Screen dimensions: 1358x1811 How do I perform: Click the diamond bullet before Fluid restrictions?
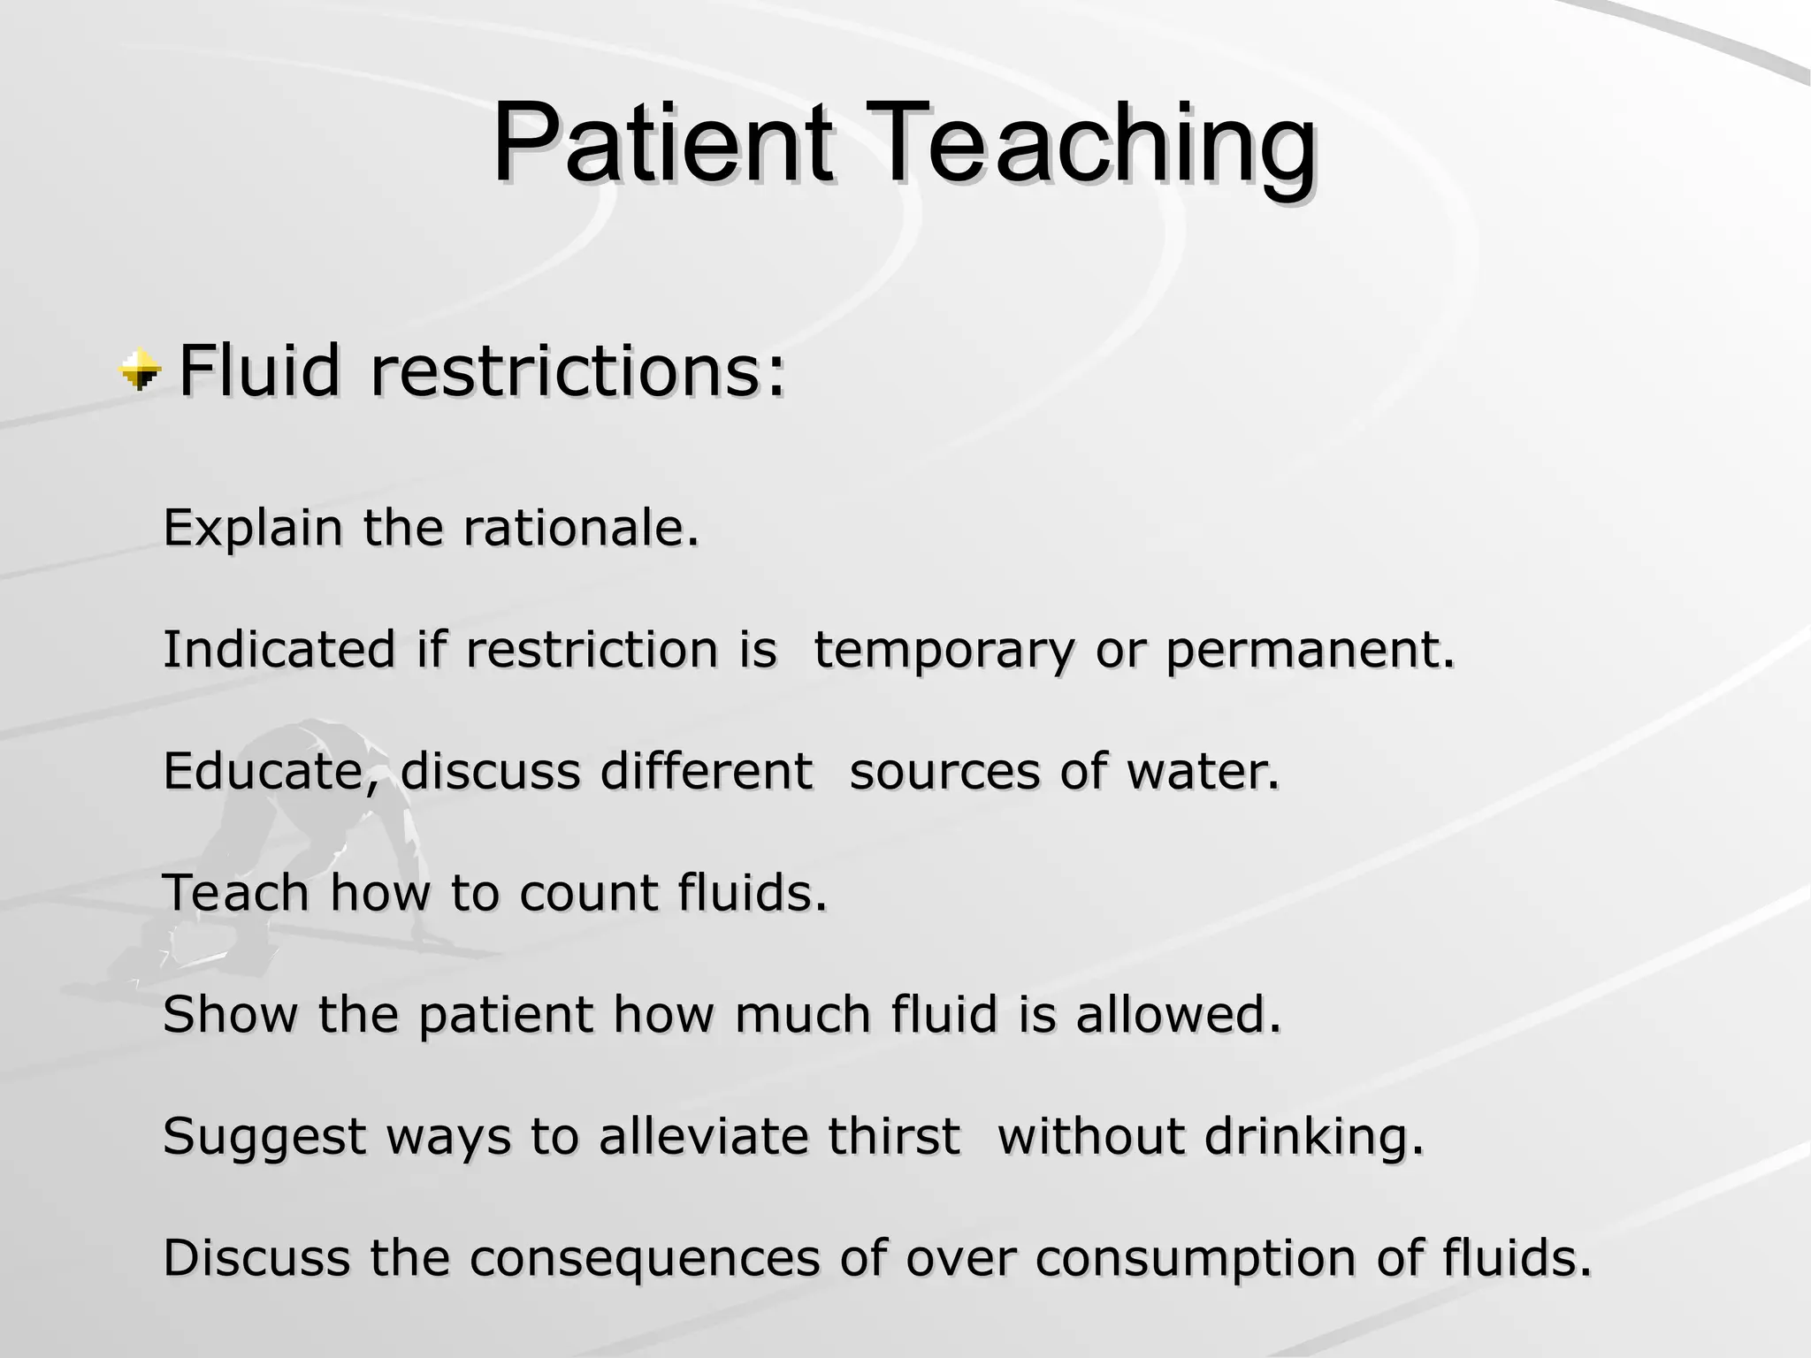click(140, 370)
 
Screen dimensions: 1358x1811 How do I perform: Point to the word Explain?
click(253, 529)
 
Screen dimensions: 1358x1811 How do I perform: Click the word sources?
click(944, 771)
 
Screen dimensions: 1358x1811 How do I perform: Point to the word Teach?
click(236, 892)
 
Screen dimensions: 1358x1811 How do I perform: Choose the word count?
click(588, 892)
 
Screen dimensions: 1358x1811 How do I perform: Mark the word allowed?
click(1178, 1014)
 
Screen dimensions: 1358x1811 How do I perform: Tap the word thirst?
click(893, 1136)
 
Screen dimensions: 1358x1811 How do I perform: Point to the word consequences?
click(644, 1258)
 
